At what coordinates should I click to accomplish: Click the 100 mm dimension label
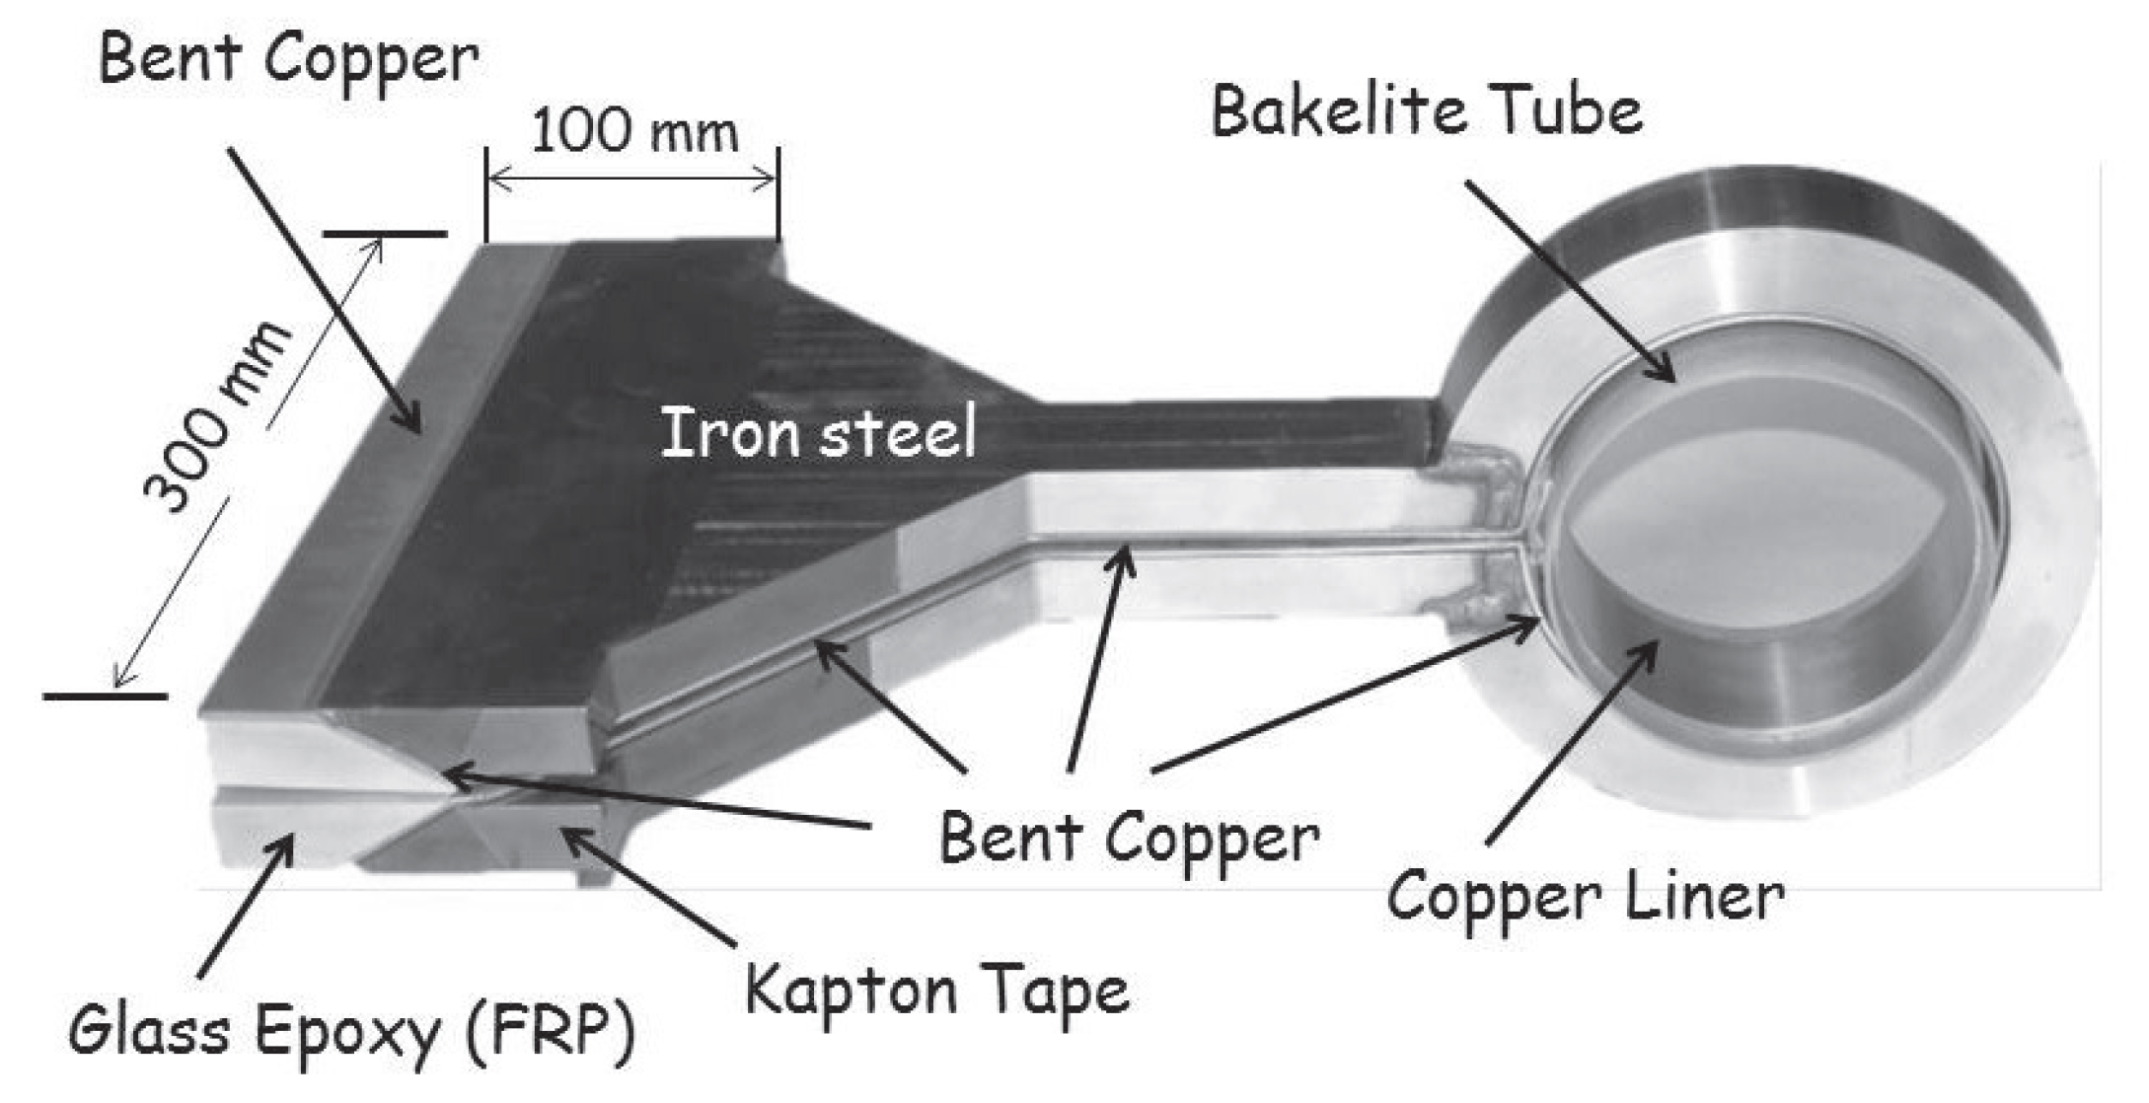pos(634,132)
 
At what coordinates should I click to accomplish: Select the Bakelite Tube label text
pos(1427,110)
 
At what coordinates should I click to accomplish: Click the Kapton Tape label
pos(937,990)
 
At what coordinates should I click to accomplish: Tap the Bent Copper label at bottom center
pos(1129,840)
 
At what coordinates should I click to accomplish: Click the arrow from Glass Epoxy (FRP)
pos(245,903)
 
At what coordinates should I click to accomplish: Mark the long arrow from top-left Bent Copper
pos(326,291)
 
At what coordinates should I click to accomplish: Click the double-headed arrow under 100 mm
pos(632,180)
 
